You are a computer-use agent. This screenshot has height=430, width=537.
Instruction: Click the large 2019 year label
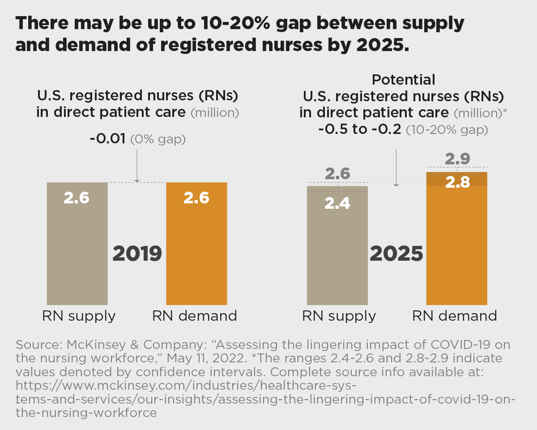pyautogui.click(x=137, y=254)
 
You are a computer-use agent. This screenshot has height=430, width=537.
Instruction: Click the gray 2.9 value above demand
pyautogui.click(x=457, y=159)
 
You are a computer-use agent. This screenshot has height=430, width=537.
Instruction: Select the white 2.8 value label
pyautogui.click(x=457, y=183)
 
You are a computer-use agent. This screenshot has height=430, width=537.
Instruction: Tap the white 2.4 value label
pyautogui.click(x=337, y=203)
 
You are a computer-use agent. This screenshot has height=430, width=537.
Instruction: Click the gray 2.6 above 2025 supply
pyautogui.click(x=337, y=174)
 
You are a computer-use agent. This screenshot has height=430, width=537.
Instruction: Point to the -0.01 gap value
pyautogui.click(x=108, y=139)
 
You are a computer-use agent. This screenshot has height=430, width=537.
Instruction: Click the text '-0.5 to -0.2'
pyautogui.click(x=360, y=130)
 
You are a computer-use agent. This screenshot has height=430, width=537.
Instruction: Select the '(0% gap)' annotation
pyautogui.click(x=158, y=140)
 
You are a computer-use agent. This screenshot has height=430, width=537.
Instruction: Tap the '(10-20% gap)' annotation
pyautogui.click(x=447, y=130)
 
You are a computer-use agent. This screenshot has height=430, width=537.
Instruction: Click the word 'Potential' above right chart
pyautogui.click(x=403, y=80)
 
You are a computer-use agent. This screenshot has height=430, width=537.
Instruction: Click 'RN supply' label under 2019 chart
pyautogui.click(x=79, y=316)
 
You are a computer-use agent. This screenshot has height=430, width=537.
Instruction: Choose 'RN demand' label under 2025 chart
pyautogui.click(x=454, y=316)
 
